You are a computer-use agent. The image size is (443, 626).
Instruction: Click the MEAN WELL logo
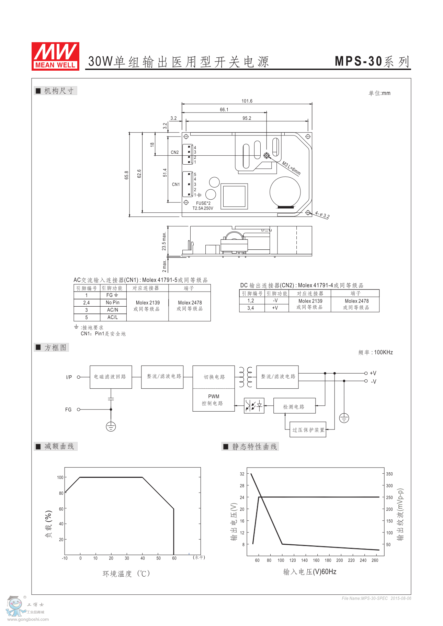point(55,57)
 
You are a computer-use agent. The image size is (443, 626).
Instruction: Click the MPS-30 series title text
point(372,62)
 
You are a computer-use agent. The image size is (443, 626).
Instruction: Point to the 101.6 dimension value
point(247,101)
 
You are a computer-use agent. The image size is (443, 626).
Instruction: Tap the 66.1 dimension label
point(224,110)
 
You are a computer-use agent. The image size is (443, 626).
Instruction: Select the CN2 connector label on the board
point(175,152)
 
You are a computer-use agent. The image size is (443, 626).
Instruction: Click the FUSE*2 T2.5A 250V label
point(203,206)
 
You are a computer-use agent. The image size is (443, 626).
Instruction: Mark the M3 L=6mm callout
point(291,168)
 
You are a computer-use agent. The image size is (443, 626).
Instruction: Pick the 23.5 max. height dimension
point(164,241)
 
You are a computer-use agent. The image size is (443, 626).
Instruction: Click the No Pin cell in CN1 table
point(113,303)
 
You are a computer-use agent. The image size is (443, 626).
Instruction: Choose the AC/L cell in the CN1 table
point(113,317)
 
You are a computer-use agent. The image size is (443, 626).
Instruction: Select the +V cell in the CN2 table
point(275,308)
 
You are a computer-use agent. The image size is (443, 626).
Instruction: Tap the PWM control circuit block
point(213,400)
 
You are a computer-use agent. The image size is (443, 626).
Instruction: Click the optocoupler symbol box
point(254,406)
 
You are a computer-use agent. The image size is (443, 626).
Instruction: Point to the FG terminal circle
point(79,410)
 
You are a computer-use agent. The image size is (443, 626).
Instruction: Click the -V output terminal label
point(374,382)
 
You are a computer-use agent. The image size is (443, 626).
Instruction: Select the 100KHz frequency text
point(383,353)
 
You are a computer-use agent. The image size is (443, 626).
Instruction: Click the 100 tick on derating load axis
point(60,477)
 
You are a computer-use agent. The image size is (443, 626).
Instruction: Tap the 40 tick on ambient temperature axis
point(143,558)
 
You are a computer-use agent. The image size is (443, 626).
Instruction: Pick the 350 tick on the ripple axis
point(389,474)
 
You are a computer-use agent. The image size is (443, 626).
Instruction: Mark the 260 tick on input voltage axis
point(375,560)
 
